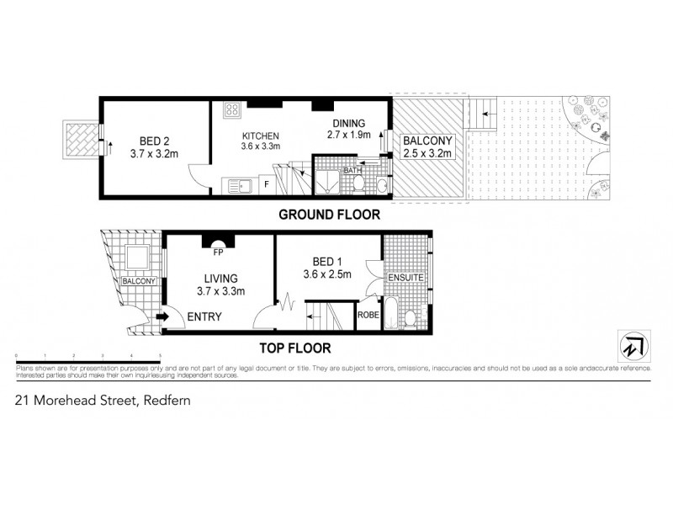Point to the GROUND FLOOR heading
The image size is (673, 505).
[x=329, y=215]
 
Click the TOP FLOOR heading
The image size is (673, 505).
[x=295, y=347]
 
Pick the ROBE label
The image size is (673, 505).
[x=368, y=315]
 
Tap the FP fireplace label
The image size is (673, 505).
[x=218, y=251]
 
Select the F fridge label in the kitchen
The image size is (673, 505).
[x=267, y=183]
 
